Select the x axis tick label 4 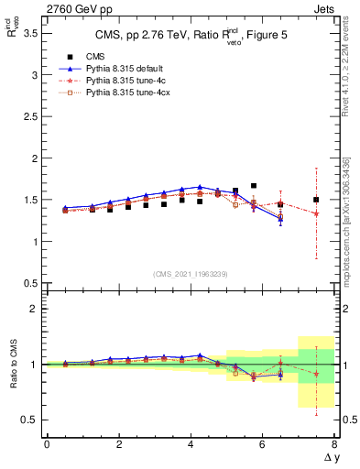pyautogui.click(x=191, y=444)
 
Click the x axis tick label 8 pyautogui.click(x=334, y=444)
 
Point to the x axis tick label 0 pyautogui.click(x=47, y=444)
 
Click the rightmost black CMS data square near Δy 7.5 pyautogui.click(x=316, y=200)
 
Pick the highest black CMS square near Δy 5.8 pyautogui.click(x=254, y=186)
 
